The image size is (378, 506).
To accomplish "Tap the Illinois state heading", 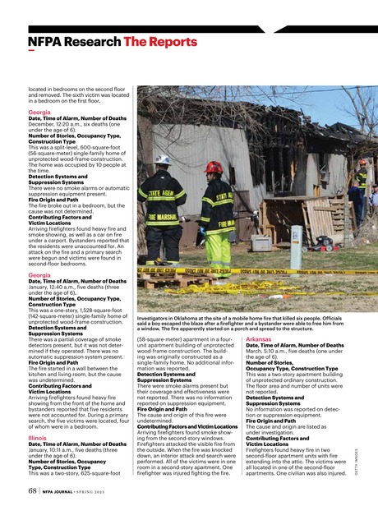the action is pos(39,438).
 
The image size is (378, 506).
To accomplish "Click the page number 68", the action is pos(34,491).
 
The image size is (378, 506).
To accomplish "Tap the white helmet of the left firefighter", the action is pos(164,159).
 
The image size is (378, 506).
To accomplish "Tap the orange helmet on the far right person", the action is pos(362,163).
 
